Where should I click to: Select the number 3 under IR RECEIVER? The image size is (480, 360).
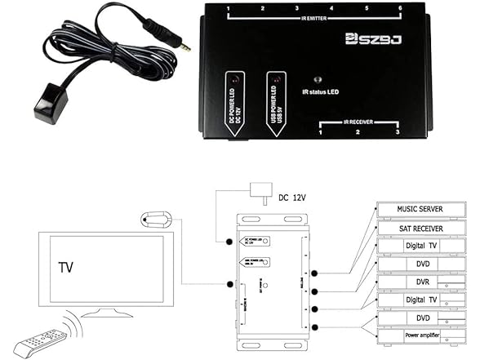point(397,131)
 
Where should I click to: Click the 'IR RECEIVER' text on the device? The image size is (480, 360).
point(358,120)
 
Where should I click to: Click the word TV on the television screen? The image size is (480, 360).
point(67,267)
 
